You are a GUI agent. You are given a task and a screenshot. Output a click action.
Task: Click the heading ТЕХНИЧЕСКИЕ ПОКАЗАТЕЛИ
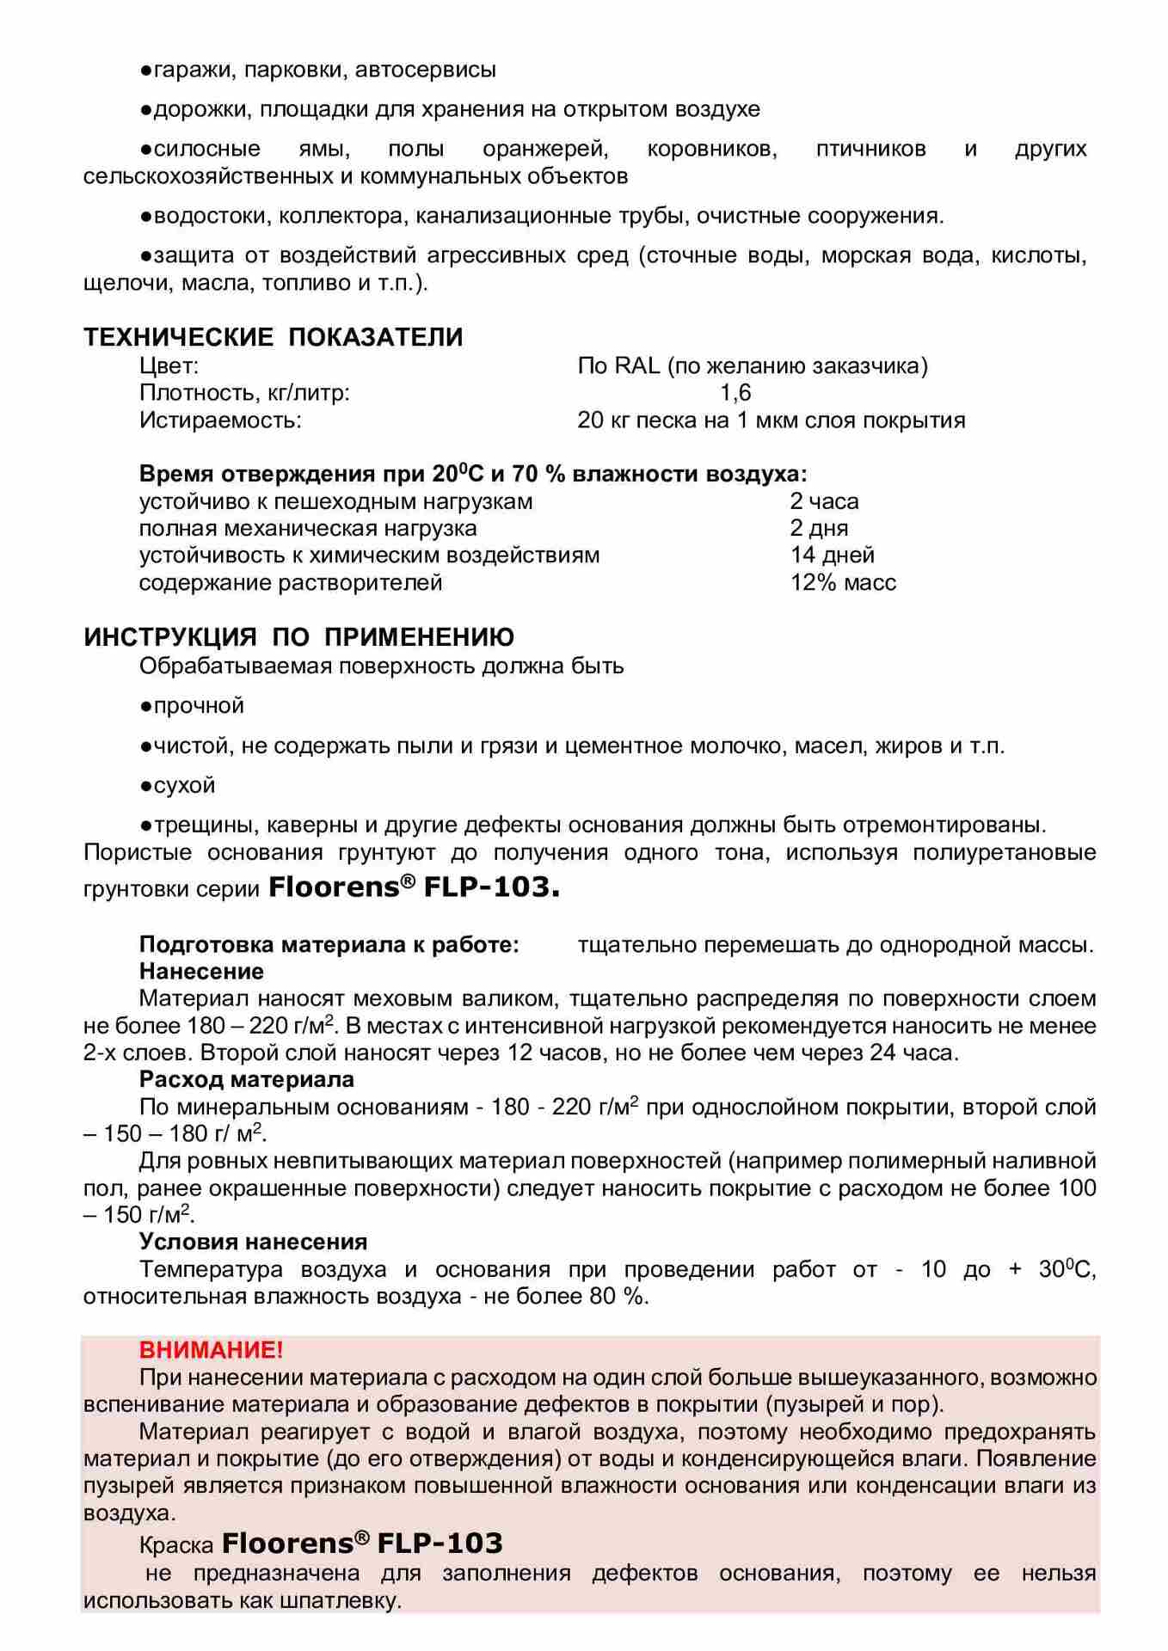[x=273, y=337]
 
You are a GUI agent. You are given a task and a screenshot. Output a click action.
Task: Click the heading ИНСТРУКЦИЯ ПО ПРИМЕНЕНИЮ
[x=298, y=637]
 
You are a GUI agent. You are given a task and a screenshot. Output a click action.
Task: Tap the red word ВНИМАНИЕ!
[x=211, y=1349]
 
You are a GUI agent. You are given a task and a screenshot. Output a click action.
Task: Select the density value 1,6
[x=735, y=393]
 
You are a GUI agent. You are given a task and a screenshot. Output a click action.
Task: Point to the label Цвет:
[x=169, y=366]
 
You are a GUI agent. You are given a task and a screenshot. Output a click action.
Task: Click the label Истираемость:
[x=220, y=420]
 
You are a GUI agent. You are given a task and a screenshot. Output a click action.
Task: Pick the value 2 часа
[x=824, y=501]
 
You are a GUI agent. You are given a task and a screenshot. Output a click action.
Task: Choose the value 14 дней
[x=832, y=555]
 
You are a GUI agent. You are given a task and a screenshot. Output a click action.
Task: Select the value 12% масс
[x=843, y=583]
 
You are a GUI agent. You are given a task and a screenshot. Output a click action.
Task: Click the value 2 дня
[x=819, y=528]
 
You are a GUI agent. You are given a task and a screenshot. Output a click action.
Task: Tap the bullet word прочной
[x=199, y=706]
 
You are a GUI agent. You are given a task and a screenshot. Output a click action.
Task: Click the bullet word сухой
[x=184, y=786]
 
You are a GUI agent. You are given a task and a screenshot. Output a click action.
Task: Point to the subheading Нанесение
[x=201, y=972]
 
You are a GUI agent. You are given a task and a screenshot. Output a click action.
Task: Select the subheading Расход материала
[x=247, y=1079]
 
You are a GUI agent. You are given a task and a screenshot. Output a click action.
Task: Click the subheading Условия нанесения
[x=253, y=1242]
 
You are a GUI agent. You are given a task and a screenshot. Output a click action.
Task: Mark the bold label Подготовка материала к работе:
[x=329, y=945]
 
